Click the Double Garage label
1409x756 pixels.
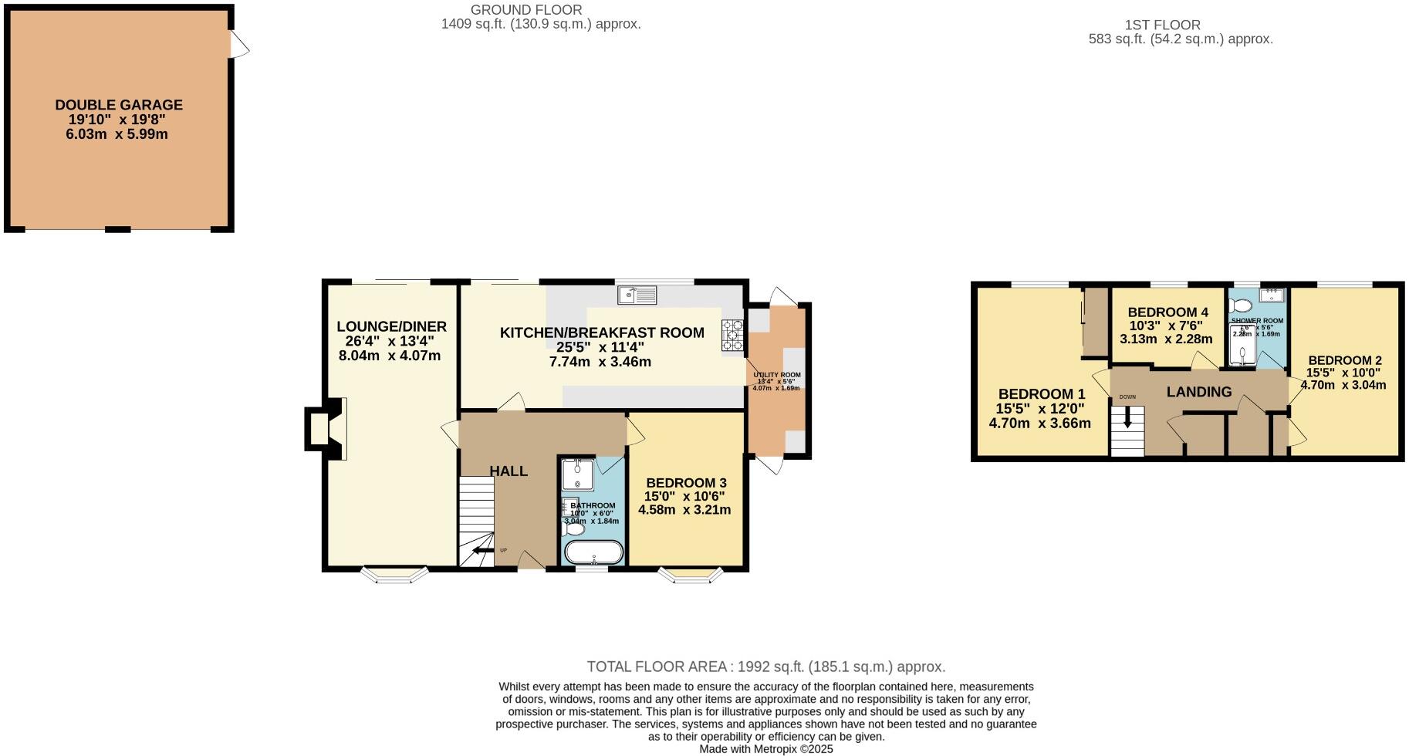pos(119,105)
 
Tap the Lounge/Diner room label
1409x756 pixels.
pos(391,327)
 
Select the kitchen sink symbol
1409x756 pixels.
pos(637,295)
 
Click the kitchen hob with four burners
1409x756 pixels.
pos(732,336)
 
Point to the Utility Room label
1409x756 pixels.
pos(777,375)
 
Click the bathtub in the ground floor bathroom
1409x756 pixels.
pos(593,553)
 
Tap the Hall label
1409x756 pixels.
pos(509,471)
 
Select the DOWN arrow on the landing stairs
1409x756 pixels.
pos(1127,419)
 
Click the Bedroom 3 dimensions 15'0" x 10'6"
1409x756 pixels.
pos(684,497)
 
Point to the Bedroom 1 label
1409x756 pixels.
pos(1041,394)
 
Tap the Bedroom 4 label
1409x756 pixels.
pos(1167,312)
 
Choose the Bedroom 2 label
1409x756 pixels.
pos(1344,360)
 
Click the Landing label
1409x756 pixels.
pos(1198,392)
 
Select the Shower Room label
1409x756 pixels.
pos(1257,320)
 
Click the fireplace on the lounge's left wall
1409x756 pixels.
pos(318,429)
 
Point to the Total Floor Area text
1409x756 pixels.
pos(765,667)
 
